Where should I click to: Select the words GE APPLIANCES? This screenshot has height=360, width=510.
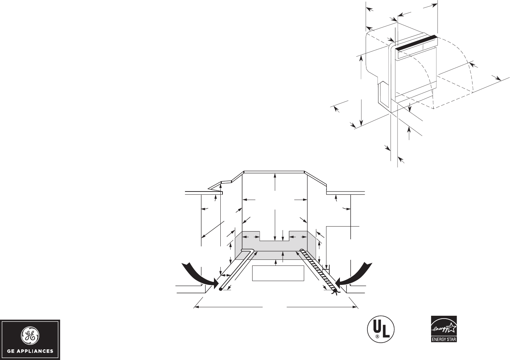tap(30, 352)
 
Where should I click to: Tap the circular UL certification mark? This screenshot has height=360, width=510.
tap(379, 329)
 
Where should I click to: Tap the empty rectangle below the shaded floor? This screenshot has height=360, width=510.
tap(278, 273)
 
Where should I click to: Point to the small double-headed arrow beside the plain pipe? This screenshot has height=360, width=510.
tap(225, 275)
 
